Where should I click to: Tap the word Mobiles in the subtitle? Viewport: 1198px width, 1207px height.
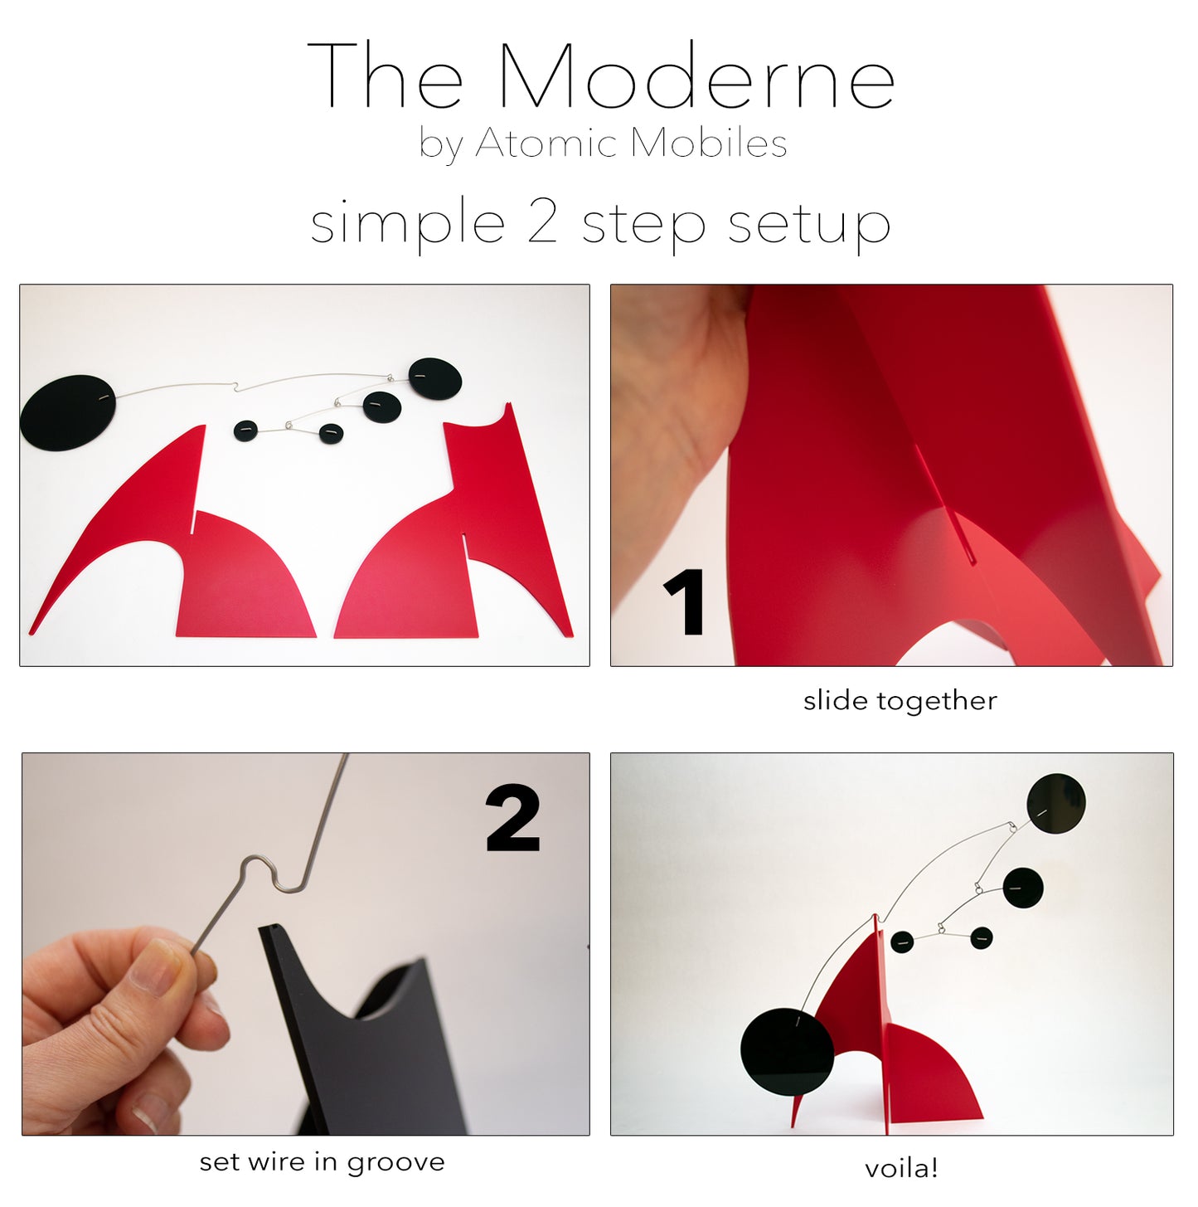point(708,144)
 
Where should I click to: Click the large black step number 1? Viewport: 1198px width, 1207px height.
point(686,602)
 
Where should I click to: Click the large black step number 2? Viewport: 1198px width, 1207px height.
point(512,819)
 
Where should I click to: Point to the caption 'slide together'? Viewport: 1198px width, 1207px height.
point(900,701)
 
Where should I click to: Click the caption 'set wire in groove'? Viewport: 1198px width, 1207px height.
point(322,1162)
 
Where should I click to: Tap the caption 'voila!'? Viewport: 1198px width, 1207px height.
point(900,1169)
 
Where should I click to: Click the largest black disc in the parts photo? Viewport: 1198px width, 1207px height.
point(68,412)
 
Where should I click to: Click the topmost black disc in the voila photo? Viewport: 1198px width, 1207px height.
point(1055,802)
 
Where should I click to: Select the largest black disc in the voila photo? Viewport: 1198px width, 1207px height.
point(786,1051)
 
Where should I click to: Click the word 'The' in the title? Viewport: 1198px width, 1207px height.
point(385,76)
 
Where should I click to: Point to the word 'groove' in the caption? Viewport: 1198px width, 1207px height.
point(395,1163)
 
